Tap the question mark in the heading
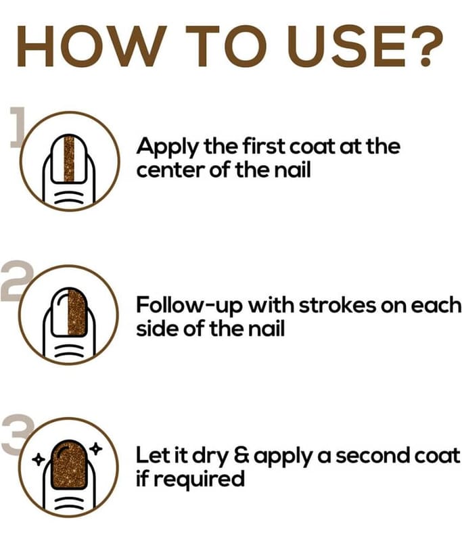coord(427,45)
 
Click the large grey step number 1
coord(18,128)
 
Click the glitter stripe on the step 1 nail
coord(69,159)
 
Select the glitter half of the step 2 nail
coord(76,312)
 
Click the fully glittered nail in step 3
coord(69,465)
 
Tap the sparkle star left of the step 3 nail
coord(38,459)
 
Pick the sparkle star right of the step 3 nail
coord(96,449)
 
